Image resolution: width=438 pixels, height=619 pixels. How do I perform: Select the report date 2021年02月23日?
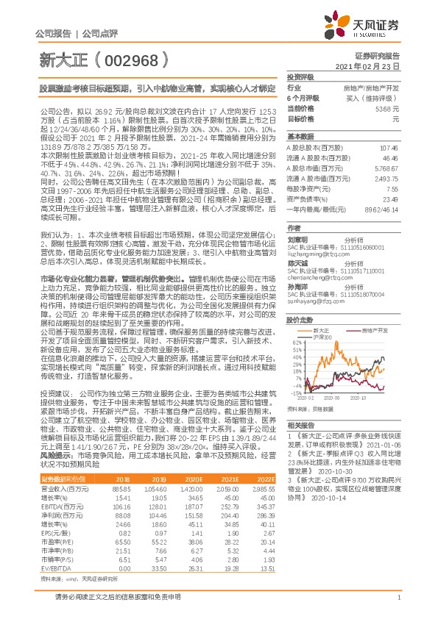coord(373,66)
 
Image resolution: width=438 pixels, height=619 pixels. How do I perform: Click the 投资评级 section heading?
coord(300,76)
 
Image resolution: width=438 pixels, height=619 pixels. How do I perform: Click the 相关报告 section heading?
coord(300,425)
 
